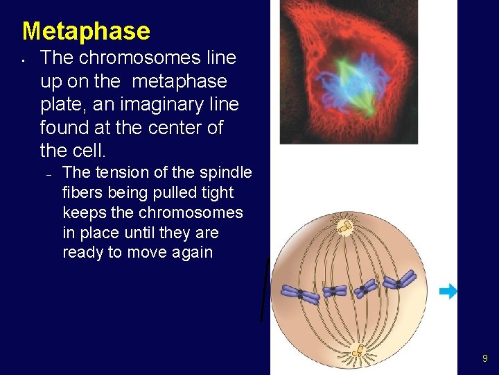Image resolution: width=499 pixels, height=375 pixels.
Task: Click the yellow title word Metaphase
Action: pyautogui.click(x=86, y=31)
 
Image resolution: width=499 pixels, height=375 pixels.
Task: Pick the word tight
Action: pyautogui.click(x=216, y=192)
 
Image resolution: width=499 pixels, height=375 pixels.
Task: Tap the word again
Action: pyautogui.click(x=189, y=252)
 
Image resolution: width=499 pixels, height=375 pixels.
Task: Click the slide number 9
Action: pyautogui.click(x=485, y=358)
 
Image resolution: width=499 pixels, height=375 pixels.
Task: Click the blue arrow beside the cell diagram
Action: pyautogui.click(x=449, y=292)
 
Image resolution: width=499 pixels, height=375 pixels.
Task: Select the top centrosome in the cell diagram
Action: pyautogui.click(x=344, y=226)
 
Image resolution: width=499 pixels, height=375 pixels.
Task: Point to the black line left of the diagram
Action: pyautogui.click(x=265, y=289)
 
